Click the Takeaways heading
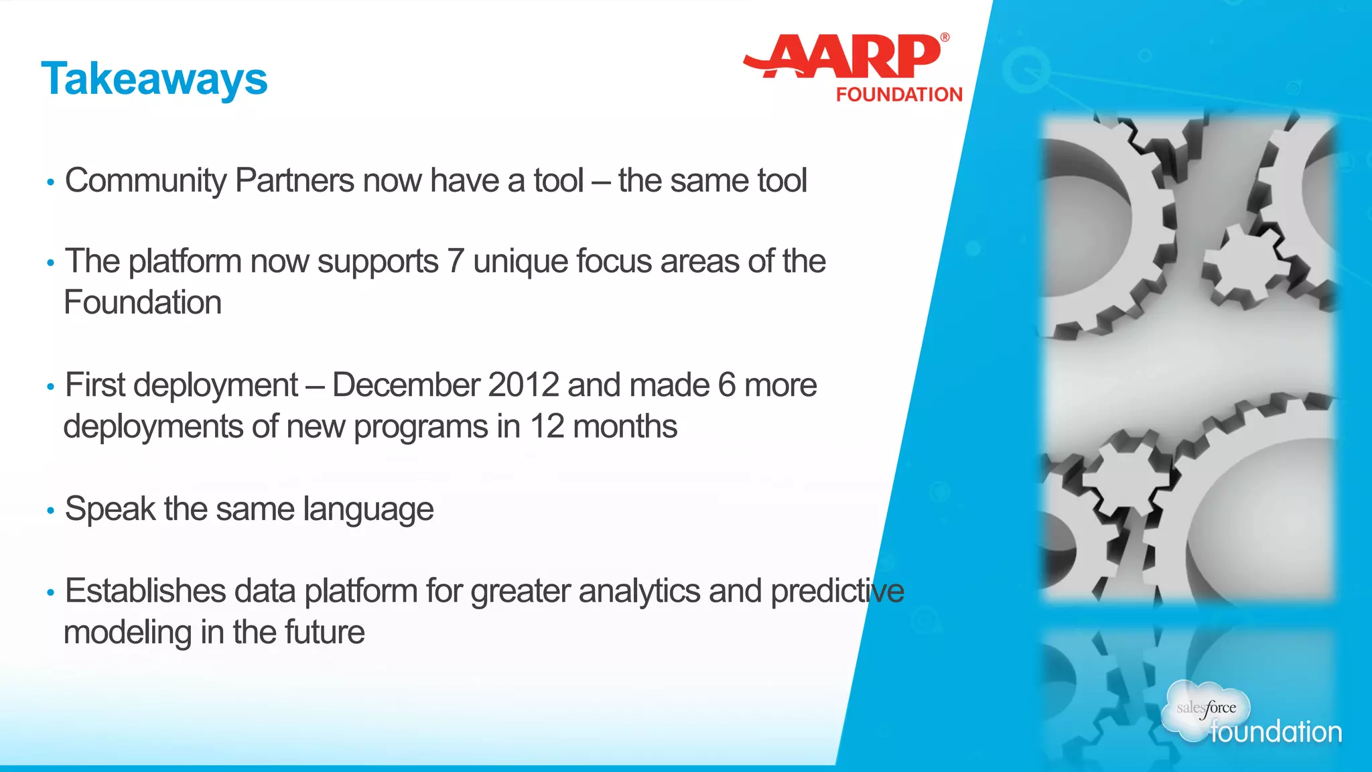tap(154, 79)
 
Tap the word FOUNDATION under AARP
tap(898, 94)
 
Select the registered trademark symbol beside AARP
tap(945, 38)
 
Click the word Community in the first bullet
tap(146, 181)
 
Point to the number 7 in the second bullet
tap(456, 261)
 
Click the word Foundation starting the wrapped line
tap(143, 302)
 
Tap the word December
tap(406, 385)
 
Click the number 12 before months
tap(547, 427)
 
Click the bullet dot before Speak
tap(50, 511)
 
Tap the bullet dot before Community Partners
tap(50, 183)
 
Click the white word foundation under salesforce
tap(1276, 732)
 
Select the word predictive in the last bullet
tap(837, 591)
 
